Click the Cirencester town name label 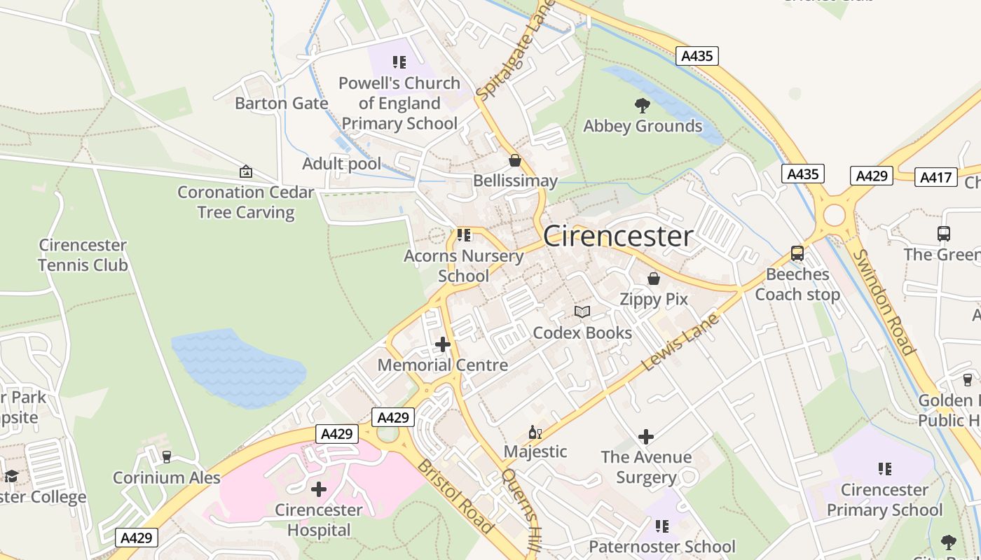coord(618,236)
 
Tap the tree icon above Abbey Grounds coord(642,106)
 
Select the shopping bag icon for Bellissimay coord(515,161)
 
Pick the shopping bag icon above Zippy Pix coord(654,279)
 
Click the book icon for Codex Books coord(582,311)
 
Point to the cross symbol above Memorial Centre coord(443,344)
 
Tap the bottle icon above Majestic coord(535,432)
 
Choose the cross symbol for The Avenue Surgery coord(646,437)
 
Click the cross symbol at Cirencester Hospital coord(319,489)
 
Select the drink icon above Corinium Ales coord(167,457)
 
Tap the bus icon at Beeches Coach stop coord(797,253)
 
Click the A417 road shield coord(935,176)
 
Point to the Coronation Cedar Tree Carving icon coord(246,171)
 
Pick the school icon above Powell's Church coord(399,62)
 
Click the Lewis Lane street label coord(680,342)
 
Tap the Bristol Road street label coord(455,496)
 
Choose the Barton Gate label coord(282,104)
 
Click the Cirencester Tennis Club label coord(83,255)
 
